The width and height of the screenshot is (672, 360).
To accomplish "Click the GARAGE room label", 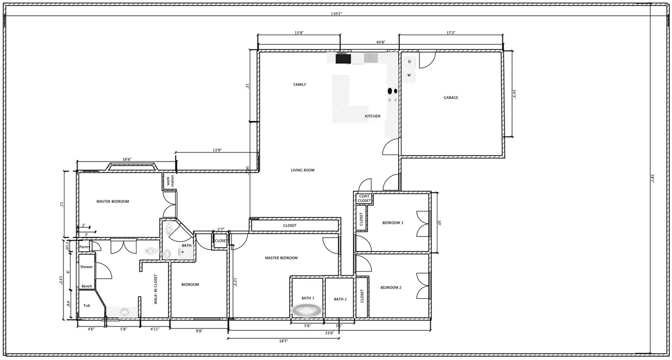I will point(451,98).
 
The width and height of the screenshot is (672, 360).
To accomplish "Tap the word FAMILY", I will point(300,85).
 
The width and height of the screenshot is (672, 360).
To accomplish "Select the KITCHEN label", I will point(372,116).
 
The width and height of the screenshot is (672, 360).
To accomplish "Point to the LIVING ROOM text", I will point(302,170).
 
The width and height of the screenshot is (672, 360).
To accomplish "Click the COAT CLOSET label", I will point(364,198).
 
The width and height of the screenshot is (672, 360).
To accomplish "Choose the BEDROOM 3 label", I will point(392,223).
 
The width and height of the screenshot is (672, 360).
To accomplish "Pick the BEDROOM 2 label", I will point(391,287).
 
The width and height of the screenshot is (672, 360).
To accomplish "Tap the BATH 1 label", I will point(308,298).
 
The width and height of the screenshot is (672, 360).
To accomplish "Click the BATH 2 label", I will point(340,299).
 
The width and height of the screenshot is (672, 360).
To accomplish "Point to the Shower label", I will point(87,267).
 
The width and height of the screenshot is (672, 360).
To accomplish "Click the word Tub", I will point(87,306).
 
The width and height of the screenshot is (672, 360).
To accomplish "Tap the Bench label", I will point(87,286).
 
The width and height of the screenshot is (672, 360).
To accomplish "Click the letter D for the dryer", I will point(409,62).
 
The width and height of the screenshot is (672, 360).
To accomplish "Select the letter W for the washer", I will point(409,75).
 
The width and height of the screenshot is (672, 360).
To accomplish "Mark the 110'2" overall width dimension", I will point(336,13).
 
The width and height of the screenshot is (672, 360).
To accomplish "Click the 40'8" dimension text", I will point(380,42).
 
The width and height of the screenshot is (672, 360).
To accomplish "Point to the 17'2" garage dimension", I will point(450,33).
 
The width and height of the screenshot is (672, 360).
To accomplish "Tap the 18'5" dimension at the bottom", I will point(283,341).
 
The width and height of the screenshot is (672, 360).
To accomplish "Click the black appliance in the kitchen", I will point(343,59).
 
